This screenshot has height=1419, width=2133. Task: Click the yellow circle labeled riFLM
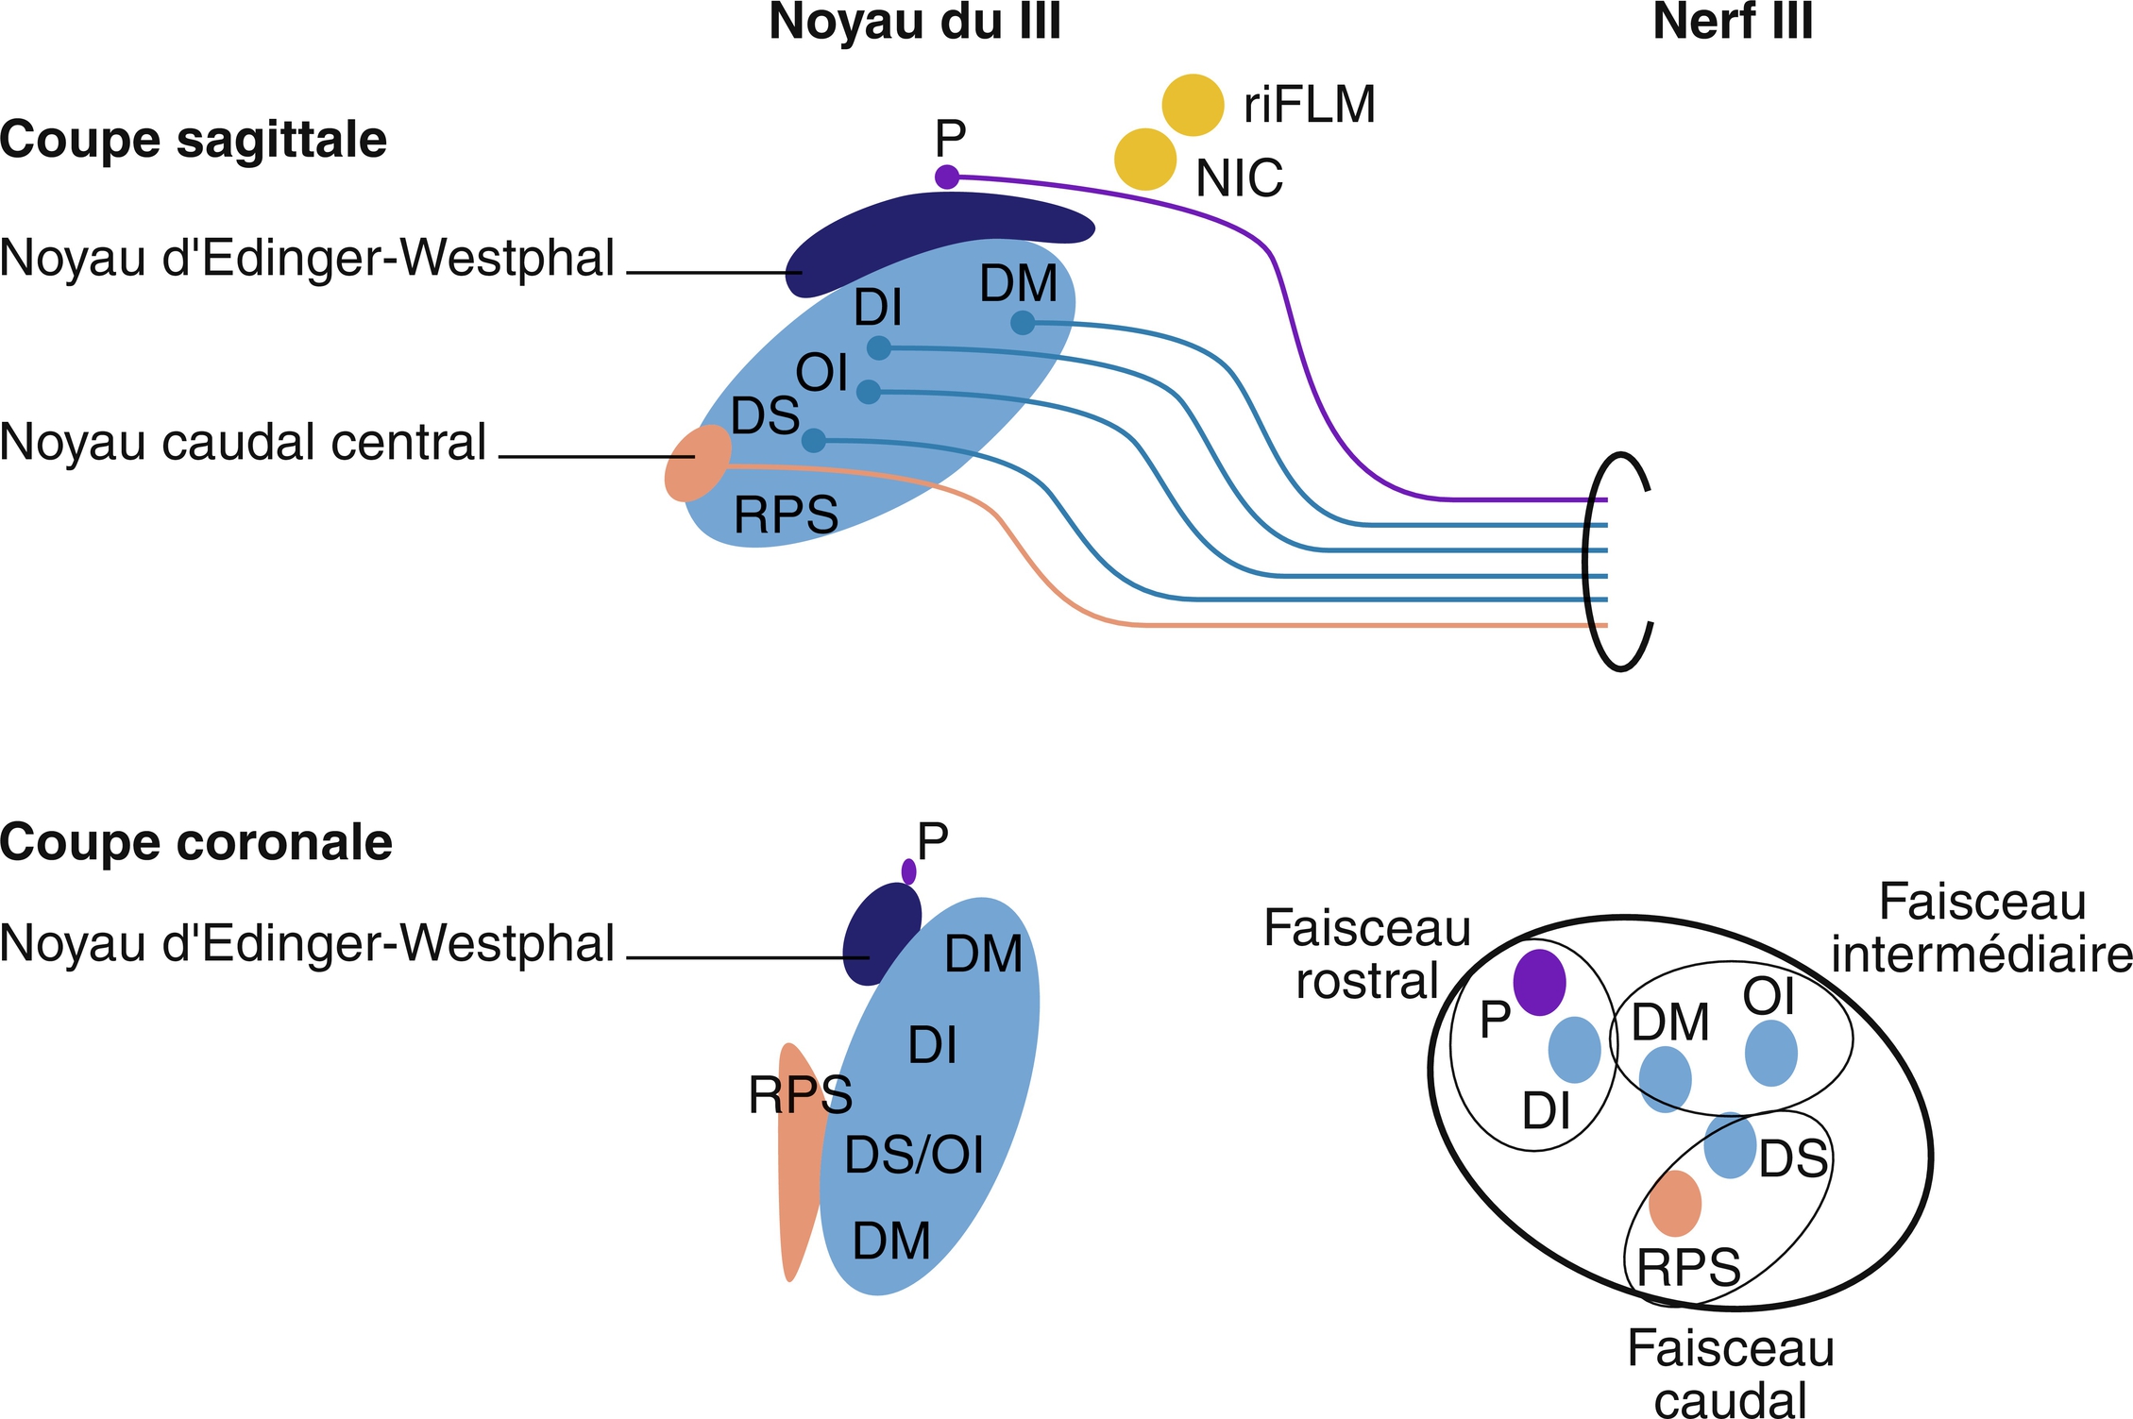pyautogui.click(x=1193, y=105)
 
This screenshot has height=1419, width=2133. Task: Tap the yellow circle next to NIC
pyautogui.click(x=1144, y=160)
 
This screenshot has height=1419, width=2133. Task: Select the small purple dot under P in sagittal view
pyautogui.click(x=946, y=177)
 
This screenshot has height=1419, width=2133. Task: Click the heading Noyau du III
pyautogui.click(x=914, y=23)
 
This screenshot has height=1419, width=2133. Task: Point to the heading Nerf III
pyautogui.click(x=1733, y=23)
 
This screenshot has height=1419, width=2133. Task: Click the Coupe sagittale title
pyautogui.click(x=194, y=140)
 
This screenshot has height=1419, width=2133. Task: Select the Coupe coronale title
pyautogui.click(x=195, y=842)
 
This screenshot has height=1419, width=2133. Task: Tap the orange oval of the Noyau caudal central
pyautogui.click(x=698, y=463)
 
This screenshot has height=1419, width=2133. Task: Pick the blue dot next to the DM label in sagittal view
pyautogui.click(x=1022, y=323)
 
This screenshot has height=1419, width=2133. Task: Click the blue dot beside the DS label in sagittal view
pyautogui.click(x=813, y=440)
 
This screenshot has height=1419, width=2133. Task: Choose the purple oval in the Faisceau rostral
pyautogui.click(x=1539, y=982)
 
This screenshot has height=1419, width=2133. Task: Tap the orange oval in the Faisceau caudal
pyautogui.click(x=1675, y=1203)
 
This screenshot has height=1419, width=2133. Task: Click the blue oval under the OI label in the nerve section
pyautogui.click(x=1770, y=1053)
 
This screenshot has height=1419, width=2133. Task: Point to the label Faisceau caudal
pyautogui.click(x=1730, y=1375)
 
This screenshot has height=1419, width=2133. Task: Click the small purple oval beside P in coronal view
pyautogui.click(x=908, y=871)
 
